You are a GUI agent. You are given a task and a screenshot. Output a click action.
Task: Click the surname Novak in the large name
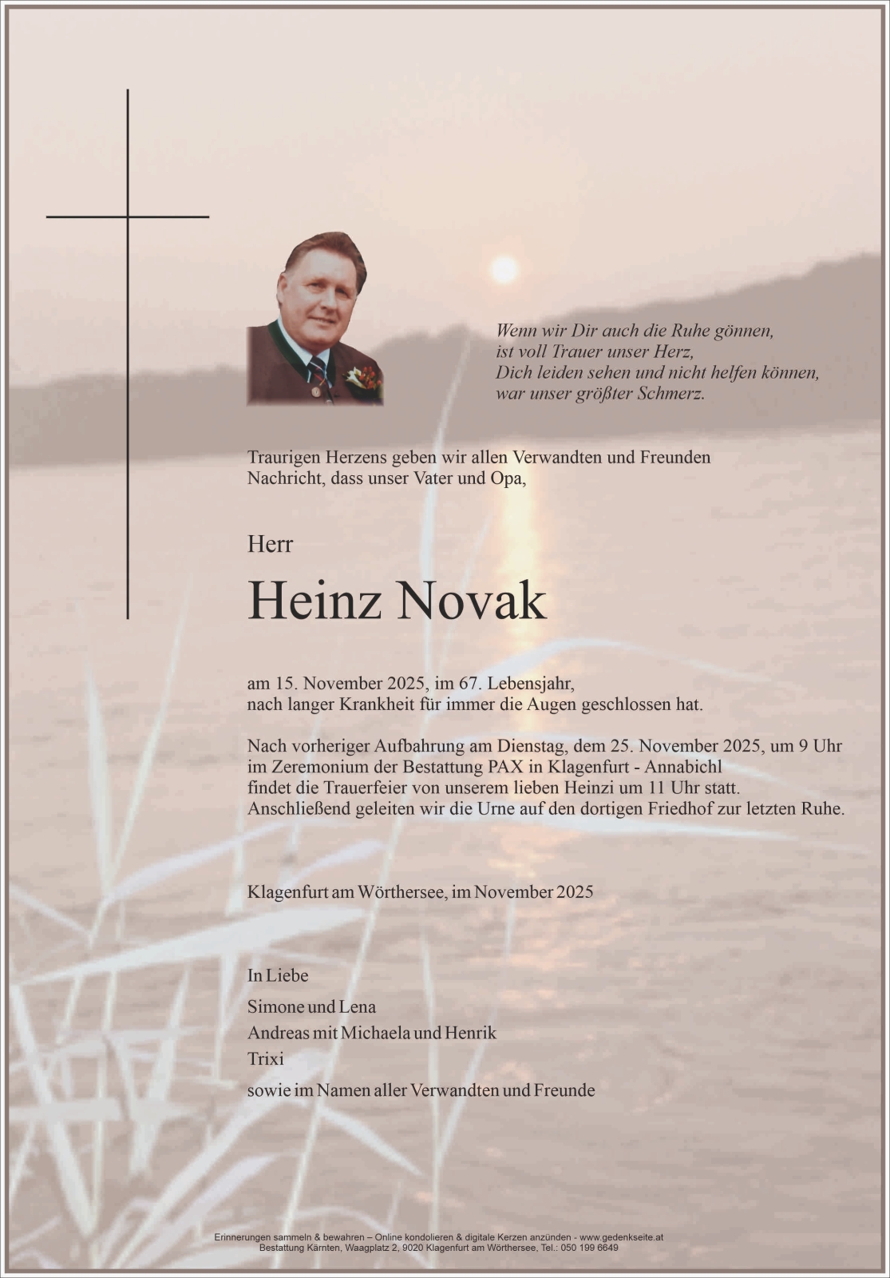[x=471, y=601]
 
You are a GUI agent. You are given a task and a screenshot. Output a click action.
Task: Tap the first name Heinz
[x=314, y=601]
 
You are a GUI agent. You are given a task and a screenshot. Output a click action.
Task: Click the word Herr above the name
[x=270, y=544]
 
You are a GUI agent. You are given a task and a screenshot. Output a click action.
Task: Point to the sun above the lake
[x=504, y=270]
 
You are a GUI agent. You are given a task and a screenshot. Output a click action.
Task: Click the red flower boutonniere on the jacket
[x=365, y=375]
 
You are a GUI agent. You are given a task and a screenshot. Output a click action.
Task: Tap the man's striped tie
[x=318, y=374]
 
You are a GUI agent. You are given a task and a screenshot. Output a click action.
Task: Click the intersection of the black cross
[x=128, y=216]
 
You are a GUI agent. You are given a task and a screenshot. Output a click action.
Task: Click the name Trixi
[x=265, y=1059]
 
